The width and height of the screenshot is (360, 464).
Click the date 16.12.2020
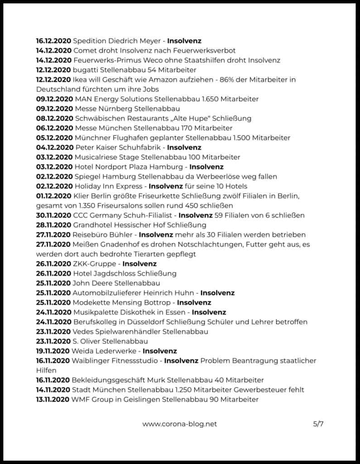(x=53, y=41)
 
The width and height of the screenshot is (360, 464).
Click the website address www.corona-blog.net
(x=180, y=424)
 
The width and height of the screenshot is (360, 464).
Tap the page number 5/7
(x=318, y=424)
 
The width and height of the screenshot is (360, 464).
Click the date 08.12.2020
(x=54, y=118)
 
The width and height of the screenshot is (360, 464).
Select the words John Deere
(x=92, y=283)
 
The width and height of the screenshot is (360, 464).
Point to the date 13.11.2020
(x=53, y=399)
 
